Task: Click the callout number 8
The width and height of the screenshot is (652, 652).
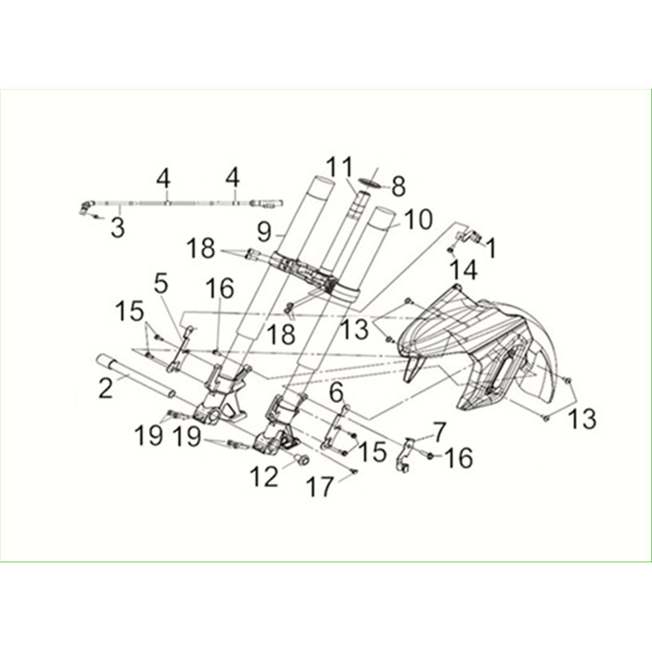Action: pyautogui.click(x=399, y=187)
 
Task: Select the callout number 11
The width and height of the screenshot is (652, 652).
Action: pyautogui.click(x=339, y=167)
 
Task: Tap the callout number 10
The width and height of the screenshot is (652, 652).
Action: pyautogui.click(x=418, y=219)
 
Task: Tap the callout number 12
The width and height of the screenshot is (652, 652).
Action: pyautogui.click(x=264, y=476)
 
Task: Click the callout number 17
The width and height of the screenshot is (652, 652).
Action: pyautogui.click(x=320, y=487)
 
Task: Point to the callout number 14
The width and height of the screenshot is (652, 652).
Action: pyautogui.click(x=465, y=270)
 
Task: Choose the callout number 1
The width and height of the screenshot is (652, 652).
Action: pyautogui.click(x=491, y=249)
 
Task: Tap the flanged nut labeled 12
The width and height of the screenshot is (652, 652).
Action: pyautogui.click(x=302, y=460)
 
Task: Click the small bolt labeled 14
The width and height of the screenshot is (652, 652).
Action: pyautogui.click(x=451, y=250)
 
